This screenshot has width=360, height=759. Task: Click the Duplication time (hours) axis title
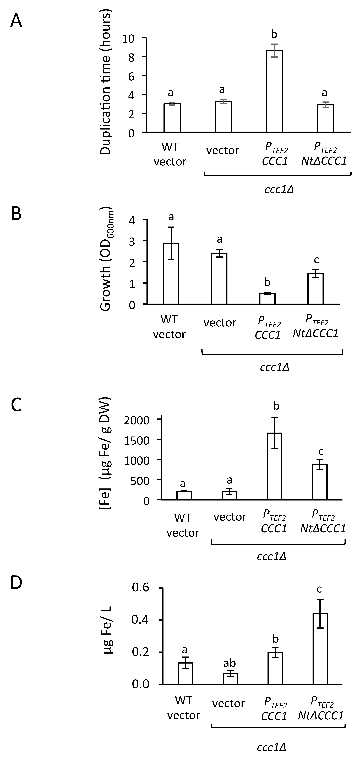tap(105, 83)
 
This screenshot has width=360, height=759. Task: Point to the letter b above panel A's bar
tap(274, 34)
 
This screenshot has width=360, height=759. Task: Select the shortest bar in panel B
tap(267, 298)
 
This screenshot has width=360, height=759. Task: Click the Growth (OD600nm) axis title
tap(106, 259)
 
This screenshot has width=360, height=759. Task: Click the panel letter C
tap(16, 405)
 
